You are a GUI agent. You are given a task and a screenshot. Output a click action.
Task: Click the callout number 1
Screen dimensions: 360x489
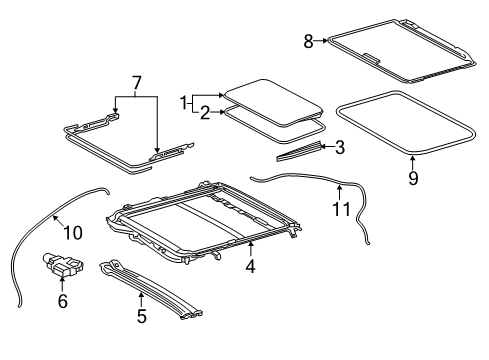pyautogui.click(x=184, y=103)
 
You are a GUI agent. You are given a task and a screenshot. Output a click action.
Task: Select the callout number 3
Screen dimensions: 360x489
pyautogui.click(x=340, y=149)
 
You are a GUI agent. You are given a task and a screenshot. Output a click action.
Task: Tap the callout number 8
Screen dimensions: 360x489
pyautogui.click(x=309, y=40)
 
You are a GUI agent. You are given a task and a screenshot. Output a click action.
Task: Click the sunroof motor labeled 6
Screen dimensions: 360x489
pyautogui.click(x=61, y=267)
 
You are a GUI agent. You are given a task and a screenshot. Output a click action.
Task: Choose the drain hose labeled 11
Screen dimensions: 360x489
pyautogui.click(x=300, y=179)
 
